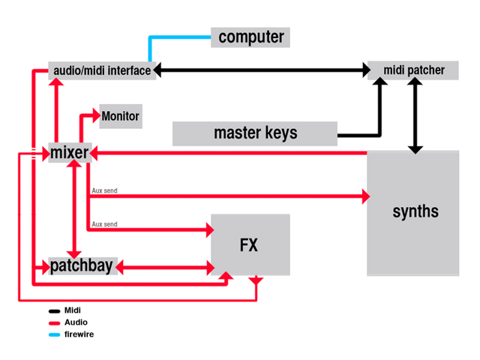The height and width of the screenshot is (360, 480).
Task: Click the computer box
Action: tap(250, 37)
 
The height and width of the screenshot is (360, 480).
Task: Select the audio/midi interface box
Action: tap(102, 70)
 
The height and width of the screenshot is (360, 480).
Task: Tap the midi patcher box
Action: tap(413, 70)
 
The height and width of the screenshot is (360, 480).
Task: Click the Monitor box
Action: tap(121, 116)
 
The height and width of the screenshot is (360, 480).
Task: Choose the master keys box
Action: tap(255, 133)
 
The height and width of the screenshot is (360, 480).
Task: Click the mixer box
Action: tap(70, 152)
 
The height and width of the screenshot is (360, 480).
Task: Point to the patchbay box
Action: tap(83, 266)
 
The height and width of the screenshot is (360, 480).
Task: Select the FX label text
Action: tap(249, 245)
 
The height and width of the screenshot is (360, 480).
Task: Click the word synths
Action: tap(415, 211)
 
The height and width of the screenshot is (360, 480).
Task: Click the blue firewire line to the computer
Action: tap(165, 37)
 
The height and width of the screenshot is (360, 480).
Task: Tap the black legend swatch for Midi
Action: tap(54, 311)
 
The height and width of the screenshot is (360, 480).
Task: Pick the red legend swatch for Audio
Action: tap(54, 323)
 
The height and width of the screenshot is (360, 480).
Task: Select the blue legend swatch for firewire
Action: tap(54, 334)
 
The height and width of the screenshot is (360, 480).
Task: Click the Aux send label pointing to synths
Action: tap(105, 190)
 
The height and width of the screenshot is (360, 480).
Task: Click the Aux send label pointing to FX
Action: tap(105, 224)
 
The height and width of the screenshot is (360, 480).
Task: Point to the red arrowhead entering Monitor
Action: tap(97, 115)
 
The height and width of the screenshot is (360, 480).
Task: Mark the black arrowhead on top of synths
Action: tap(415, 150)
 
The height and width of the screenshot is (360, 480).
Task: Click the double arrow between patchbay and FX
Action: tap(165, 268)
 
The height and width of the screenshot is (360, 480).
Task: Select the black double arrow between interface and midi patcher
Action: tap(262, 70)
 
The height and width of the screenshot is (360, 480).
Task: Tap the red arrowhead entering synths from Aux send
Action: tap(366, 196)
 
